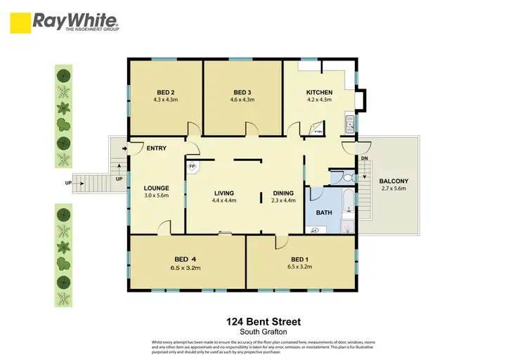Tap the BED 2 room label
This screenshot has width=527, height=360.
click(x=165, y=92)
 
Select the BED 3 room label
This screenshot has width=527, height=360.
click(x=242, y=92)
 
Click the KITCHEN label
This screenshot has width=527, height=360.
click(x=319, y=92)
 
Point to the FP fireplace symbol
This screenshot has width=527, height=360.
click(x=192, y=167)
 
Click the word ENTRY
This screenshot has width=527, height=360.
click(x=156, y=148)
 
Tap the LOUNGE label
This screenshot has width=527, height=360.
click(x=157, y=188)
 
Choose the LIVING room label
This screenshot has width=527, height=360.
click(x=224, y=193)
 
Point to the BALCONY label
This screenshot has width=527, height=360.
click(x=393, y=181)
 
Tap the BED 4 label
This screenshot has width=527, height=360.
click(x=186, y=259)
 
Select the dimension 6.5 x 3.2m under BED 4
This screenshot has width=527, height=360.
click(x=186, y=267)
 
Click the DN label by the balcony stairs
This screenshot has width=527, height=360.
click(x=365, y=158)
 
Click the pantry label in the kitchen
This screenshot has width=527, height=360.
click(x=318, y=131)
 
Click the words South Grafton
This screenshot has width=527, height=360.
click(x=263, y=331)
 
